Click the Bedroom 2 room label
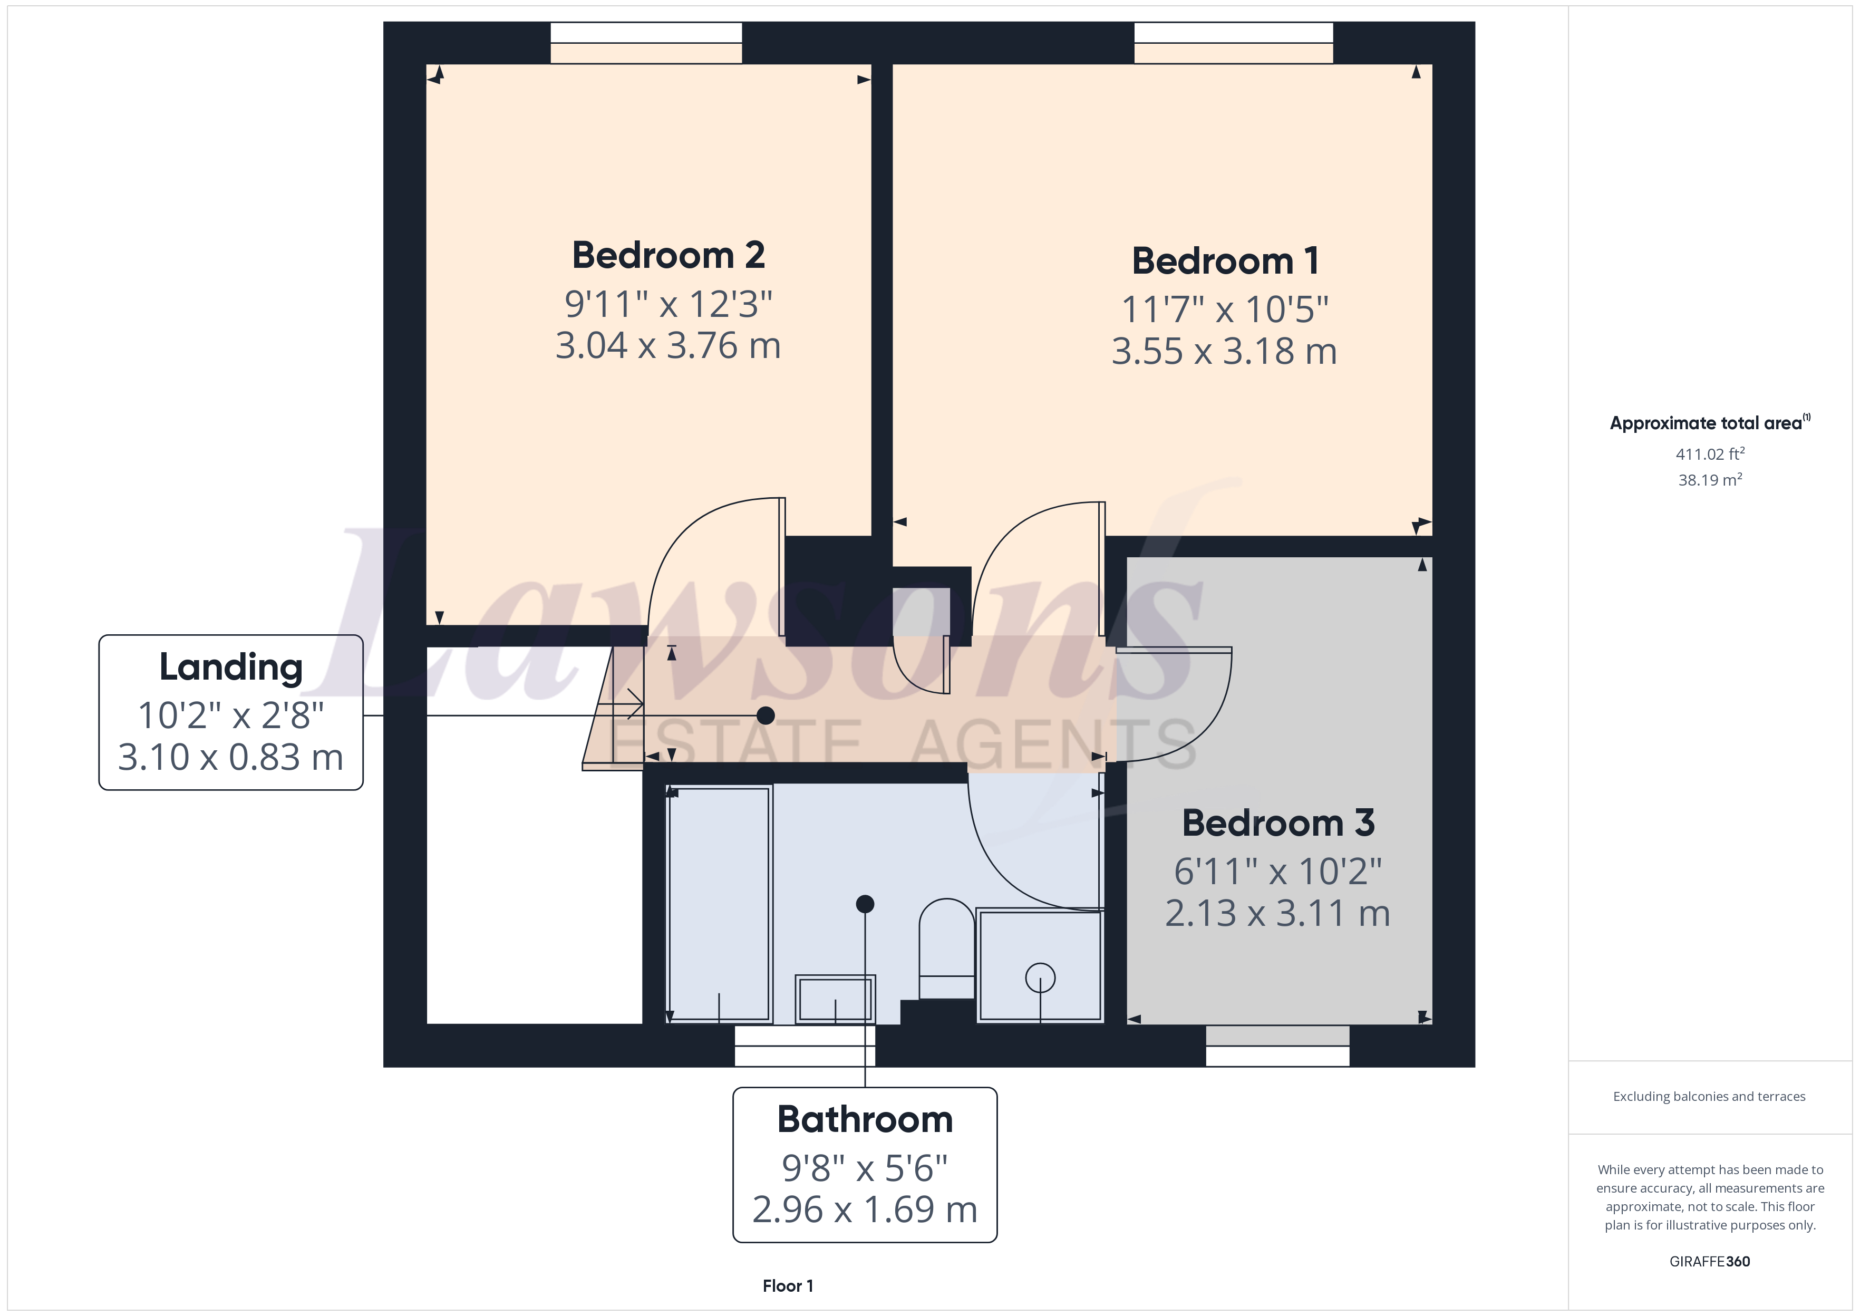669,255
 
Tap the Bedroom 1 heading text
1225,261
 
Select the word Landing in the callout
231,667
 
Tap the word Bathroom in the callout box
865,1120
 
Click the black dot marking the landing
766,715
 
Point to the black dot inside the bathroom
865,904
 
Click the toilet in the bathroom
946,944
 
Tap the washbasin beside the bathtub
835,999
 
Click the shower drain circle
1040,978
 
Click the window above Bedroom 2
646,42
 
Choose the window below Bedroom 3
1277,1046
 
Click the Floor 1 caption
788,1286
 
